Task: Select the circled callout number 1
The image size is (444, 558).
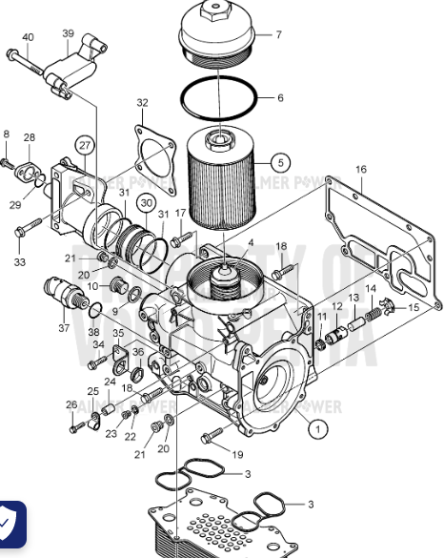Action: pyautogui.click(x=314, y=431)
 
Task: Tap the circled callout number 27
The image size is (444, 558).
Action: pyautogui.click(x=86, y=146)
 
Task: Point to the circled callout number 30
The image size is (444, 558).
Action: pyautogui.click(x=145, y=202)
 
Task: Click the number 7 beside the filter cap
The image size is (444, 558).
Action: pyautogui.click(x=279, y=35)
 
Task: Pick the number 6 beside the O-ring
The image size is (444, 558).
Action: pyautogui.click(x=280, y=98)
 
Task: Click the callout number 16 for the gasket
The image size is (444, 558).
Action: pyautogui.click(x=361, y=170)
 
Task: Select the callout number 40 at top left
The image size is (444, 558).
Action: pyautogui.click(x=27, y=37)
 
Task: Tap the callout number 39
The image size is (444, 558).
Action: pyautogui.click(x=68, y=33)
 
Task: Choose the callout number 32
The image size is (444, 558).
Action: pyautogui.click(x=142, y=103)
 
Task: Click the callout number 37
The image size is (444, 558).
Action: pyautogui.click(x=65, y=328)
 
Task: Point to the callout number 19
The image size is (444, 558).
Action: pyautogui.click(x=237, y=454)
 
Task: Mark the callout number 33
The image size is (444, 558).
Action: pyautogui.click(x=20, y=261)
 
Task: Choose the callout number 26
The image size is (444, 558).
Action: pyautogui.click(x=71, y=404)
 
